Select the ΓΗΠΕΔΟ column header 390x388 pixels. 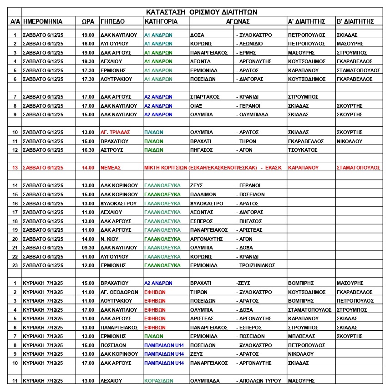[x=112, y=21]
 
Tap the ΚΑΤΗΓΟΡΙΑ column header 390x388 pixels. [x=161, y=21]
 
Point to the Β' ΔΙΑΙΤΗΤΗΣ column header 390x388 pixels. [x=355, y=21]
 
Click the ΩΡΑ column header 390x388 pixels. [x=88, y=21]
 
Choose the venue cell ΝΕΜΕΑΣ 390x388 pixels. [x=110, y=168]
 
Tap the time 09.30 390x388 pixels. [x=88, y=248]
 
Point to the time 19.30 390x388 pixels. [x=88, y=61]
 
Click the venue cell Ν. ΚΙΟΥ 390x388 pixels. [x=109, y=239]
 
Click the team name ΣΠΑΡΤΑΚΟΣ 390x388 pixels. [x=205, y=97]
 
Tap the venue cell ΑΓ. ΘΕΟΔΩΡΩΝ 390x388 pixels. [x=119, y=292]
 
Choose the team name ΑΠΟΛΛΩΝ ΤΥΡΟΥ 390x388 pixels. [x=260, y=381]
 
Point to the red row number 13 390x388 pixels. [x=15, y=168]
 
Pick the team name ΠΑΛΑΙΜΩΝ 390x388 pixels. [x=203, y=194]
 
